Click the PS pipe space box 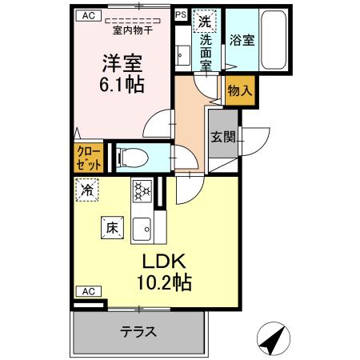click(x=180, y=14)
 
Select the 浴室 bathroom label click(x=242, y=39)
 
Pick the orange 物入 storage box click(x=239, y=90)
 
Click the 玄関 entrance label click(x=223, y=137)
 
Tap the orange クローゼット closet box click(x=89, y=157)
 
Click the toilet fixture click(x=128, y=157)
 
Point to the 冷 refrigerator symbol click(x=86, y=190)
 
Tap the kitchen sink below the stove click(x=142, y=227)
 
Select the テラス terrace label click(x=138, y=331)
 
